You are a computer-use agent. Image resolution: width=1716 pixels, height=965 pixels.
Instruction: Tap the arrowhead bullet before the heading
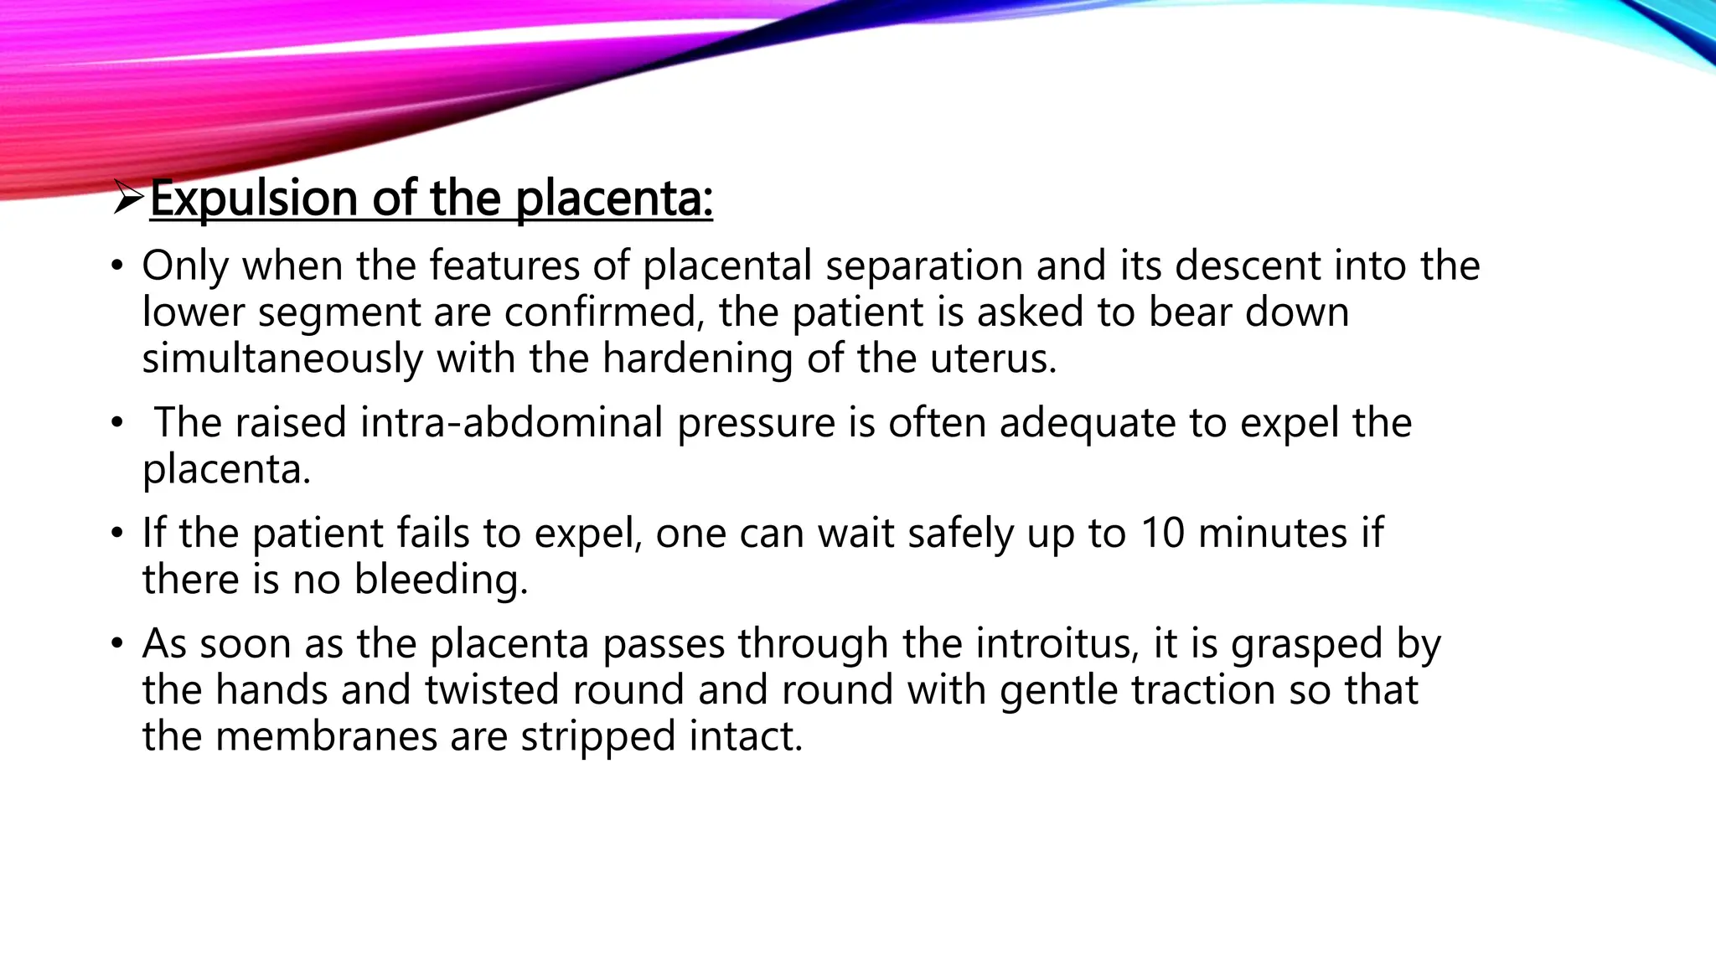[x=129, y=199]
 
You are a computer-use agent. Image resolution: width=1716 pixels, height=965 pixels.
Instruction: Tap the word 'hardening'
[x=697, y=359]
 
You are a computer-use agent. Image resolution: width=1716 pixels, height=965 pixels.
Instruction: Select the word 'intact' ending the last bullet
[x=744, y=736]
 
